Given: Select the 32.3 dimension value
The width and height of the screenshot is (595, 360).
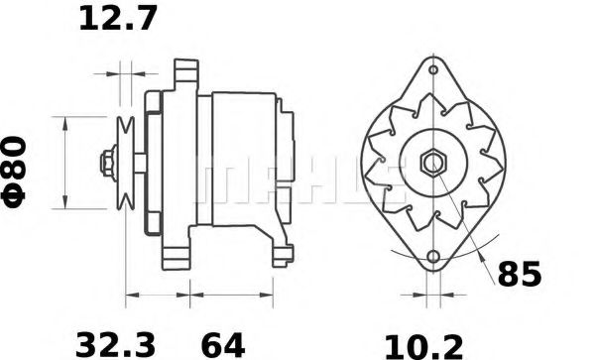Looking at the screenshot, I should click(115, 343).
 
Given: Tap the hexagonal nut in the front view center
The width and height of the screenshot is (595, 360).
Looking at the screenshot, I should click(432, 163).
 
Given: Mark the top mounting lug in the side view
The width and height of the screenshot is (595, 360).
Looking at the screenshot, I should click(180, 73).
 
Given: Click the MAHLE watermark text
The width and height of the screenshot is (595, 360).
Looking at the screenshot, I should click(297, 179).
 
